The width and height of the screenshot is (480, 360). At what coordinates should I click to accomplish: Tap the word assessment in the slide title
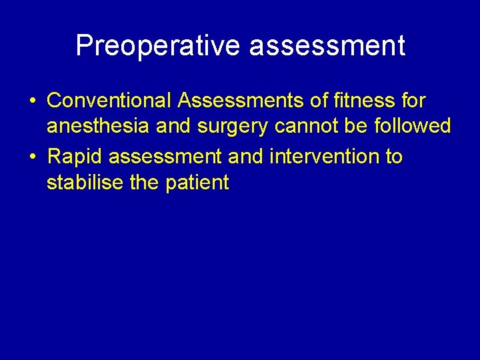(x=329, y=46)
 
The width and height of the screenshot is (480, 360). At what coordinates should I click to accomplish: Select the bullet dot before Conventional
(x=32, y=101)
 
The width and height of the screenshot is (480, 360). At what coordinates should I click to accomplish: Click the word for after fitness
(x=411, y=101)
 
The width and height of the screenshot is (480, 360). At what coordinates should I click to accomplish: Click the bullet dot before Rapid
(x=32, y=157)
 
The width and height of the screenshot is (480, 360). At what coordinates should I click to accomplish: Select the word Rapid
(x=75, y=157)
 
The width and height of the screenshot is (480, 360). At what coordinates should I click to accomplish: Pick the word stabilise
(x=85, y=182)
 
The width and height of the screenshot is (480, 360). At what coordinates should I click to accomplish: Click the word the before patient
(x=146, y=182)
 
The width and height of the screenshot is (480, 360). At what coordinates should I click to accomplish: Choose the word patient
(x=199, y=182)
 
